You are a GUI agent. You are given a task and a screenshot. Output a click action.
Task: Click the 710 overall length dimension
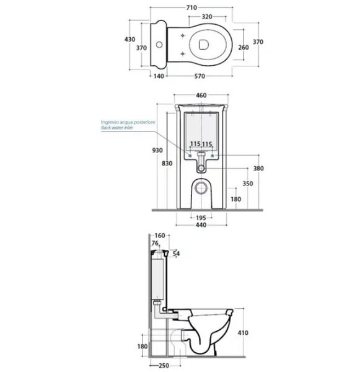point(191,7)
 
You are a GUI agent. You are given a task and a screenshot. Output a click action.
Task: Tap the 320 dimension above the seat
point(207,17)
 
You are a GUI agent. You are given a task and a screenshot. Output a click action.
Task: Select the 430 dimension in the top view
point(130,39)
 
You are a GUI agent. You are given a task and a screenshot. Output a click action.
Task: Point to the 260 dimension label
point(244,48)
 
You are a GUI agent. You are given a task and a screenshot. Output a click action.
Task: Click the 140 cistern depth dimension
point(159,76)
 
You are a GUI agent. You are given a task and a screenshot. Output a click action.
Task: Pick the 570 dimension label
point(200,76)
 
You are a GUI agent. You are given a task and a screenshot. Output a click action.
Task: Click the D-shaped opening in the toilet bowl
point(203,45)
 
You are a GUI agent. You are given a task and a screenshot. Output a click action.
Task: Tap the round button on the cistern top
point(159,45)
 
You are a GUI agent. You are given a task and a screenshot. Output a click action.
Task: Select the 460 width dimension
point(201,95)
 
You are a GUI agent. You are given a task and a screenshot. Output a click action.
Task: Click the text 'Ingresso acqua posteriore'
point(128,122)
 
